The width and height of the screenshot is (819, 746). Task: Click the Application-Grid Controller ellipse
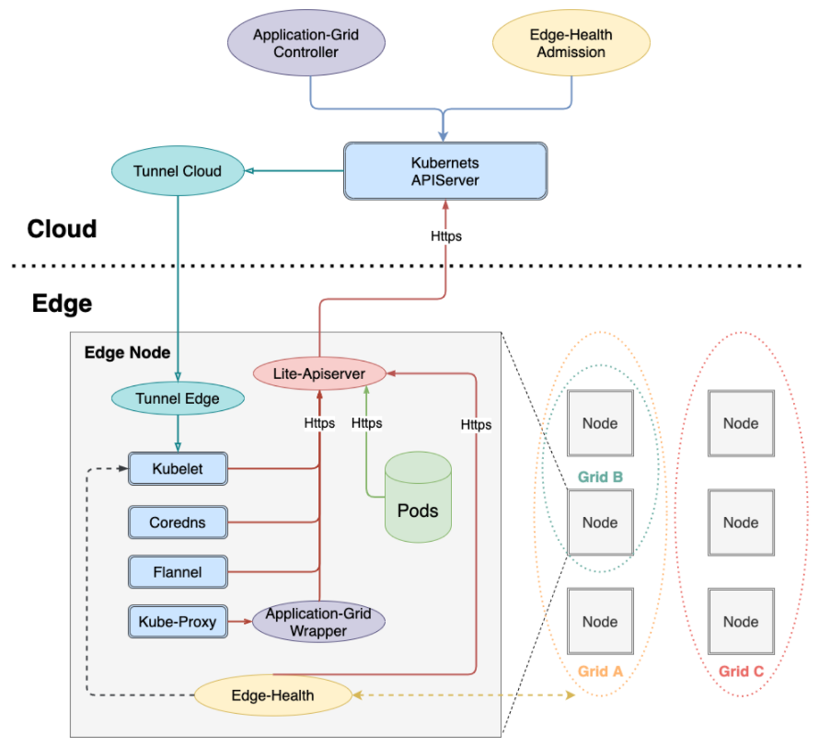click(x=306, y=43)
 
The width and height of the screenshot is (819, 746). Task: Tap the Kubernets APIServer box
click(x=444, y=171)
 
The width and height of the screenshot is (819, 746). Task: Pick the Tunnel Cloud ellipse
click(x=178, y=171)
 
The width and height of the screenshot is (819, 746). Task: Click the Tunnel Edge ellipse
click(x=178, y=398)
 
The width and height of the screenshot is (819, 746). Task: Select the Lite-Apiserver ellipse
click(x=319, y=373)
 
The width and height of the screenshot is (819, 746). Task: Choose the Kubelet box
click(x=178, y=469)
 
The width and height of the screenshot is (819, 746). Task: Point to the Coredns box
click(x=178, y=522)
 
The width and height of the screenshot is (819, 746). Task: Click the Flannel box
click(x=178, y=572)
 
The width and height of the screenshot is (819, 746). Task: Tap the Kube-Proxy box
click(x=178, y=622)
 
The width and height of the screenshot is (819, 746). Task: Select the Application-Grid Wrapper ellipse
click(x=318, y=622)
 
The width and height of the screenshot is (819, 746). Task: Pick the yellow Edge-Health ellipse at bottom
click(x=272, y=694)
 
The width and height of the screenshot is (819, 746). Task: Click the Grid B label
click(x=600, y=476)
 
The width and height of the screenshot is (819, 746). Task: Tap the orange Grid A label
click(x=600, y=671)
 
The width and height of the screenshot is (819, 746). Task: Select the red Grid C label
click(x=741, y=671)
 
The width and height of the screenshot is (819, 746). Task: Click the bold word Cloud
click(x=62, y=228)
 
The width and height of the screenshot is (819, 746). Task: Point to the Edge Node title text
click(x=127, y=352)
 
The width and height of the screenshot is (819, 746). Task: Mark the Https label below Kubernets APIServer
click(x=446, y=236)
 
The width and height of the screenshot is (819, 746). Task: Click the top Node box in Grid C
click(x=741, y=423)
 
